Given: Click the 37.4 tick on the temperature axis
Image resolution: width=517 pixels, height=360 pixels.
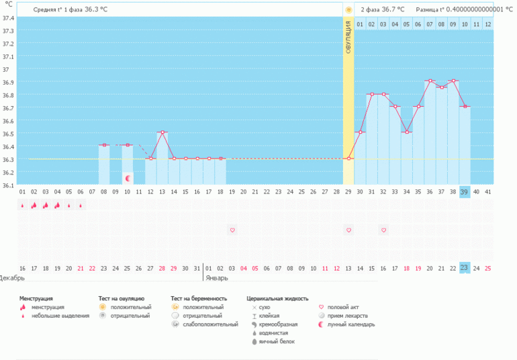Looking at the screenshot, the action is [x=8, y=18].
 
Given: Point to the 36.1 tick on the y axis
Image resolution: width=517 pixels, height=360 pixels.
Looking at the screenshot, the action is [x=8, y=185].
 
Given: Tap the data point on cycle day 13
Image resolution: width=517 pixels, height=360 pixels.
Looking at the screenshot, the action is [x=162, y=132].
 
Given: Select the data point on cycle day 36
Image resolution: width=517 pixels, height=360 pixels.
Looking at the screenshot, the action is [x=430, y=81].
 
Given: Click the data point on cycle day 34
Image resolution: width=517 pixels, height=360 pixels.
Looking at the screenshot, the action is [x=407, y=132].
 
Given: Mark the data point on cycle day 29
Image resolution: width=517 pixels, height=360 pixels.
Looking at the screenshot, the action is [x=348, y=159].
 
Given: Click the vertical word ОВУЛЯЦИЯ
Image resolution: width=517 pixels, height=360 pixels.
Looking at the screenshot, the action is [x=348, y=38].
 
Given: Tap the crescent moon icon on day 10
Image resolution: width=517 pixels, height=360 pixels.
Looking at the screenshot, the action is [x=128, y=179].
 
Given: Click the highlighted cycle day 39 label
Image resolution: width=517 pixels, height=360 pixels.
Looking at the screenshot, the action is [x=465, y=192].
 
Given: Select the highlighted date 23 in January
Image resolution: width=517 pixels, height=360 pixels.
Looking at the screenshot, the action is [x=465, y=267].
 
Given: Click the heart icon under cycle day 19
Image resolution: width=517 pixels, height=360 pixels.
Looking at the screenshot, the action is [x=232, y=230].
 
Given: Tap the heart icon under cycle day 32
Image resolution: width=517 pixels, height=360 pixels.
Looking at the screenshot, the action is [x=383, y=230].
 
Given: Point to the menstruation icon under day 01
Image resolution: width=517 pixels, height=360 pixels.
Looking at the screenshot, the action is [x=22, y=206].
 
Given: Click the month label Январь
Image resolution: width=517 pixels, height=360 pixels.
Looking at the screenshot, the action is [x=217, y=278].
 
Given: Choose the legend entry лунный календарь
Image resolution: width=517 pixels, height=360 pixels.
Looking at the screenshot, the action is [x=350, y=324].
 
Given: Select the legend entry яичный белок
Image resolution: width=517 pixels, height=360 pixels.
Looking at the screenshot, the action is [x=277, y=342].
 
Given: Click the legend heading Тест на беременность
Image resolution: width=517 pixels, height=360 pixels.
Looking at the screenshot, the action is [x=199, y=299].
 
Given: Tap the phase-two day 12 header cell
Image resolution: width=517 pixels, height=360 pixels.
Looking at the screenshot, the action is [x=488, y=24].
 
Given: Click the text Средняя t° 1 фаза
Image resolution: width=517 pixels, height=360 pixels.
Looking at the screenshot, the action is [x=58, y=9].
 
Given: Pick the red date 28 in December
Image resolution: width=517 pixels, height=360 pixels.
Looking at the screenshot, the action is [x=162, y=269].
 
